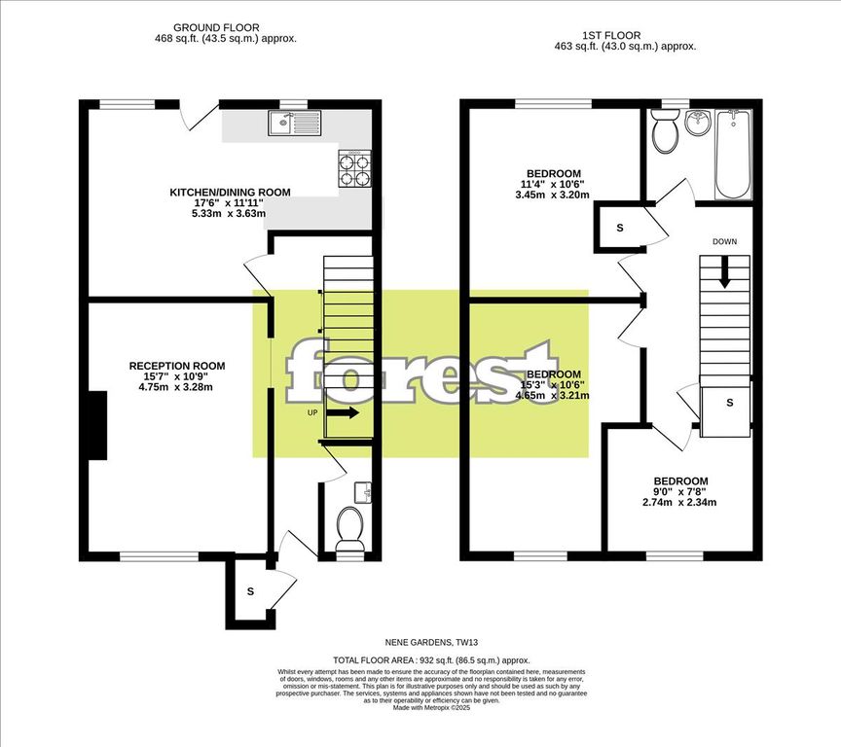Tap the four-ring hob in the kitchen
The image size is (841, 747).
pyautogui.click(x=354, y=171)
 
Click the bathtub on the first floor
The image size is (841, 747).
pyautogui.click(x=732, y=153)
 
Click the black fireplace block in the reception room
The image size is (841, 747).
pyautogui.click(x=97, y=425)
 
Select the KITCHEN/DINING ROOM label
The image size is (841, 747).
pyautogui.click(x=230, y=193)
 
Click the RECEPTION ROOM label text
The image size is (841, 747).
pyautogui.click(x=177, y=366)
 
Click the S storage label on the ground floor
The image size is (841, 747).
pyautogui.click(x=250, y=590)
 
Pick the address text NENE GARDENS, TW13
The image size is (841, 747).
pyautogui.click(x=420, y=643)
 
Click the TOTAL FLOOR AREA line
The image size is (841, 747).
pyautogui.click(x=420, y=659)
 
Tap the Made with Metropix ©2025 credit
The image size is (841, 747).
pyautogui.click(x=420, y=707)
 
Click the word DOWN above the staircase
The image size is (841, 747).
pyautogui.click(x=724, y=241)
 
